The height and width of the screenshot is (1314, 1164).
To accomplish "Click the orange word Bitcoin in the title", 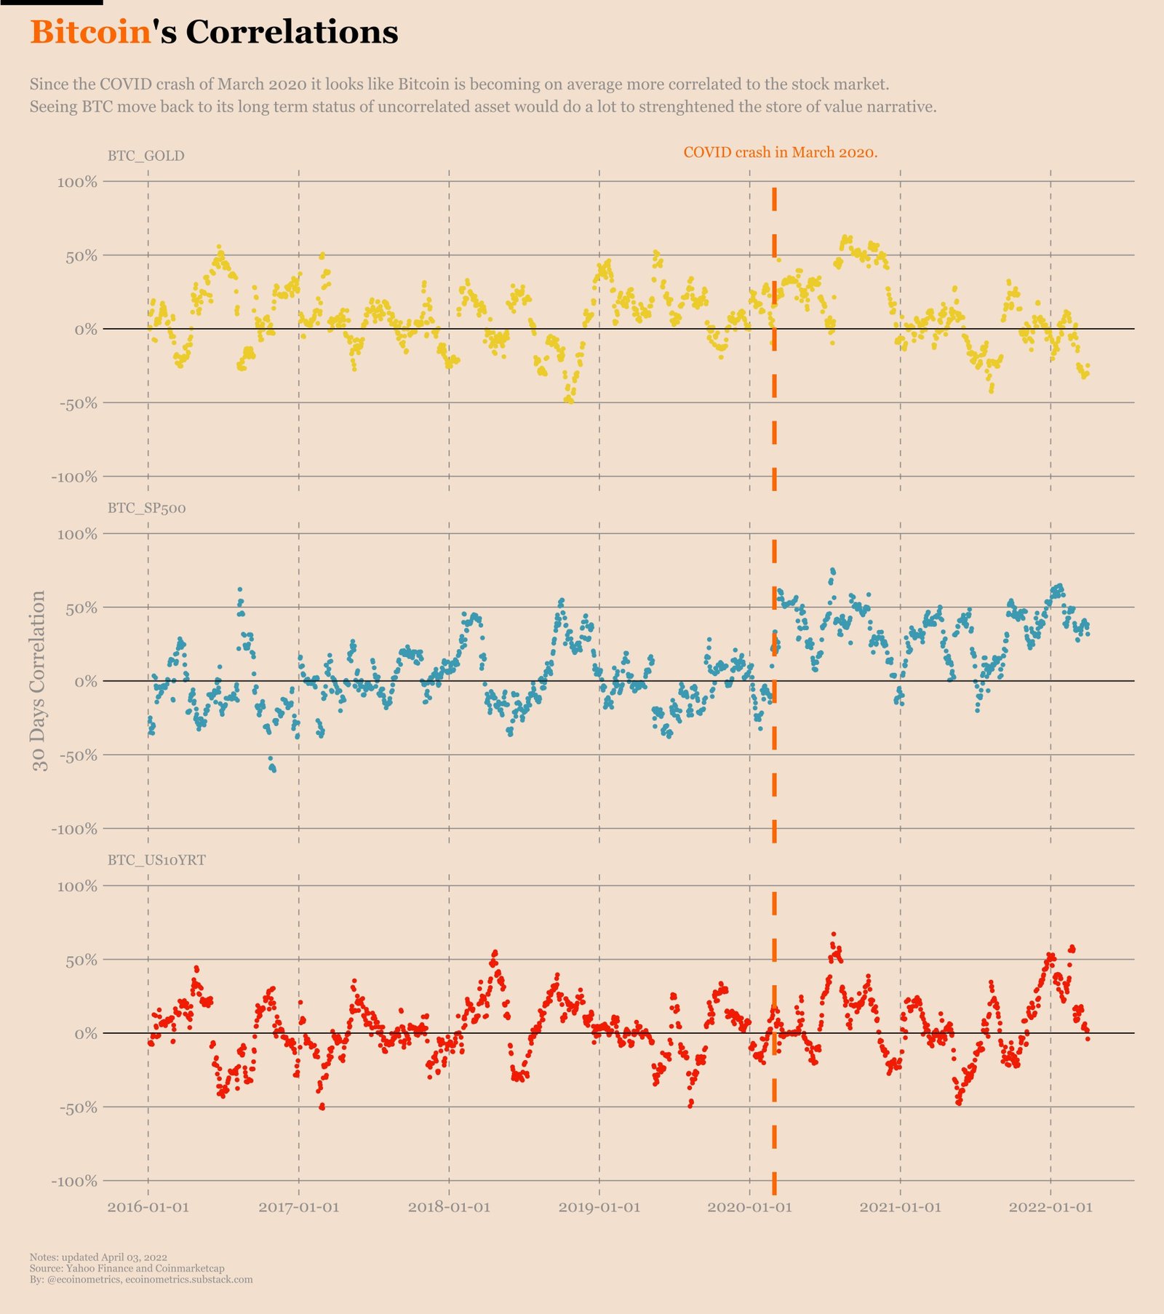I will [x=90, y=33].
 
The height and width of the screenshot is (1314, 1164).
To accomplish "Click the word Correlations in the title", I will [x=292, y=33].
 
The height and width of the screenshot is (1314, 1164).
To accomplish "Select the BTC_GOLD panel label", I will [x=145, y=156].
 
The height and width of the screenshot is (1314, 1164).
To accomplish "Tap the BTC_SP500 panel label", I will [x=146, y=508].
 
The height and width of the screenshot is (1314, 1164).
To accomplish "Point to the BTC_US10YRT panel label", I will [x=156, y=860].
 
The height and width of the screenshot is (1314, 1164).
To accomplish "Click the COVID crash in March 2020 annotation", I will [x=780, y=152].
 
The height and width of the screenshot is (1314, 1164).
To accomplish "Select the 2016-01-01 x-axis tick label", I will [x=148, y=1207].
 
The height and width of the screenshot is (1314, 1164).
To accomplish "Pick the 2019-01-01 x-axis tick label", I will [x=599, y=1207].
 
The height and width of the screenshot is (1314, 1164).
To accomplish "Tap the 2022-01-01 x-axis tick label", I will [x=1051, y=1207].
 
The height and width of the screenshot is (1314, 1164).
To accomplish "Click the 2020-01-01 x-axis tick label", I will [x=749, y=1207].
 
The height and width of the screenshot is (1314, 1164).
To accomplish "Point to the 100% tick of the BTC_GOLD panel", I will [x=77, y=182].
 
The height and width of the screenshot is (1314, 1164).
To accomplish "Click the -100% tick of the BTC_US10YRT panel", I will [x=74, y=1181].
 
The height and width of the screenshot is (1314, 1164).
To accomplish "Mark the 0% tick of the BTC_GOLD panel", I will [x=85, y=330].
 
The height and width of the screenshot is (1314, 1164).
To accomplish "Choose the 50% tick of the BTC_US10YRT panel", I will [x=81, y=960].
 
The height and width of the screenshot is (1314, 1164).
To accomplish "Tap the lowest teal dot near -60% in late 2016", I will [x=274, y=770].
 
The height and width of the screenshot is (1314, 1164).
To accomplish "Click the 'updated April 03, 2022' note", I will [x=98, y=1257].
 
